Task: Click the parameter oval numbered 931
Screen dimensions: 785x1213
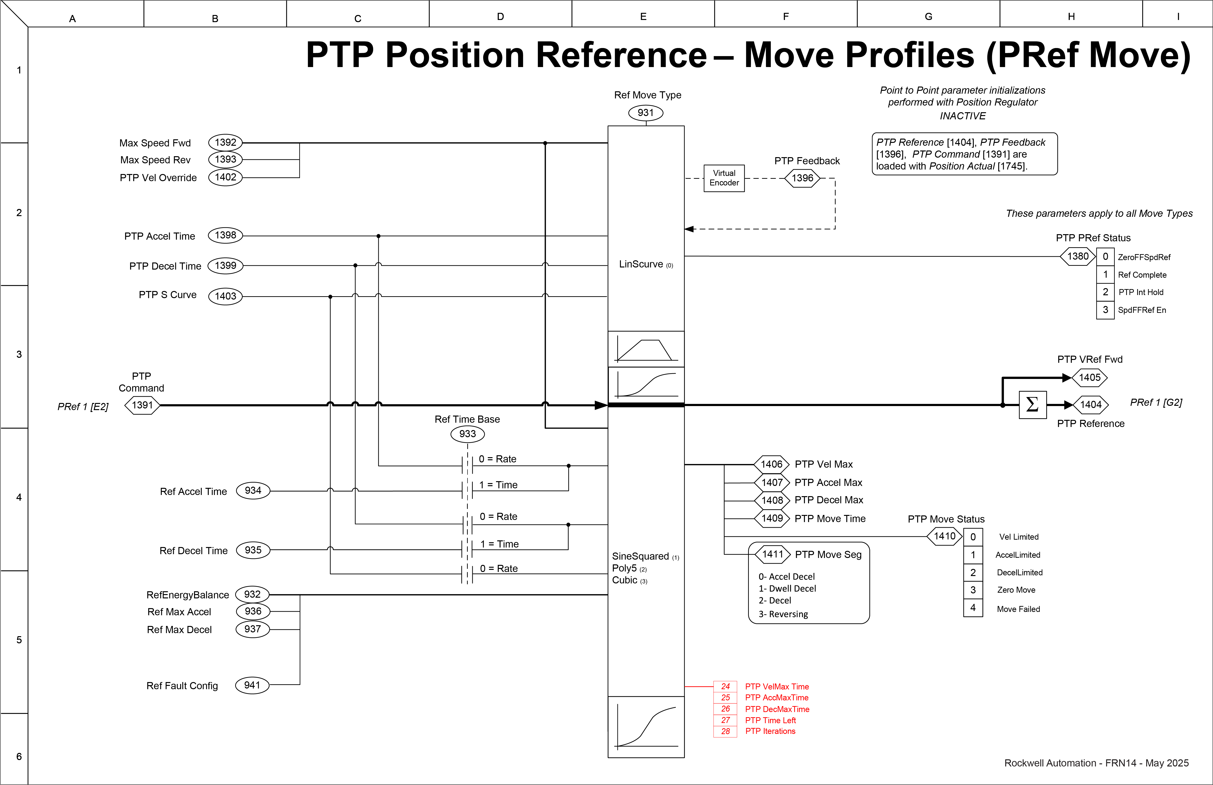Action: tap(645, 113)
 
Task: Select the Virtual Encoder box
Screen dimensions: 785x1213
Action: tap(724, 178)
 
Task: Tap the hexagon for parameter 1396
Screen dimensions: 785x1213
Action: tap(802, 178)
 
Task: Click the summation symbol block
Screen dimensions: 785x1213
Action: tap(1032, 405)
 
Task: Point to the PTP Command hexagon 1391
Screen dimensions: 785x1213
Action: tap(142, 405)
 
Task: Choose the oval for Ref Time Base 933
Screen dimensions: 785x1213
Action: tap(467, 434)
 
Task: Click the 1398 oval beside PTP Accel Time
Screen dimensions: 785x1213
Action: tap(225, 235)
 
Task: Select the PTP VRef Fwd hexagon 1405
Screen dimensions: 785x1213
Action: tap(1090, 378)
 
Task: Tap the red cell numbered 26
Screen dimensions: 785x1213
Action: tap(725, 709)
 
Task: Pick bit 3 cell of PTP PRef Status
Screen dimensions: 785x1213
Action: tap(1105, 310)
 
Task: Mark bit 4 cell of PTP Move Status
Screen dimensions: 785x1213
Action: tap(972, 608)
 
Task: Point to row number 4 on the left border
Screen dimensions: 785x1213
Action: tap(19, 497)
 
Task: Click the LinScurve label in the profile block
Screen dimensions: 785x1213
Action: tap(641, 264)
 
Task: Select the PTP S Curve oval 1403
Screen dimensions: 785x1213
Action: tap(225, 296)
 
